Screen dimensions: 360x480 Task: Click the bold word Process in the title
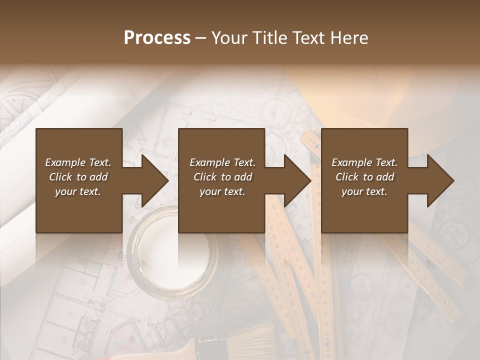click(157, 38)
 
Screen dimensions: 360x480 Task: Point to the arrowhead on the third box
click(439, 180)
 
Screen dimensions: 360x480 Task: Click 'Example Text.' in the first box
click(78, 162)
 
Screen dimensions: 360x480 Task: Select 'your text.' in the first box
click(78, 191)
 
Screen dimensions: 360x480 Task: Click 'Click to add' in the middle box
click(222, 177)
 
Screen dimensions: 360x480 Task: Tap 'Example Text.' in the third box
click(364, 162)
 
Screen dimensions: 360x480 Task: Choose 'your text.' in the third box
click(364, 191)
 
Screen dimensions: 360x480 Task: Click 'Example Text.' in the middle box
click(222, 162)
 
